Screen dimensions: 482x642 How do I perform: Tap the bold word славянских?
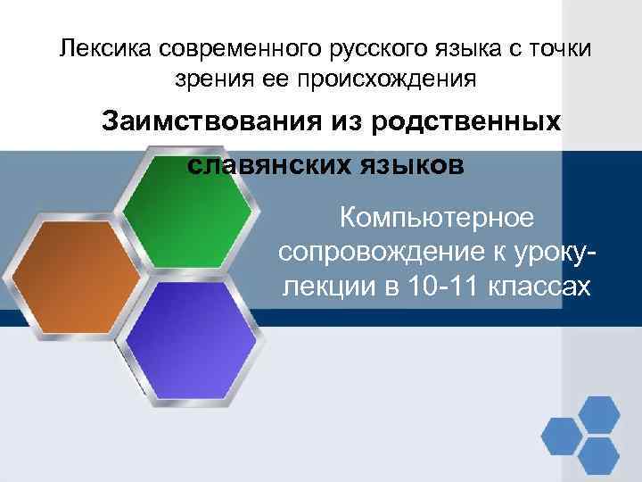click(x=267, y=165)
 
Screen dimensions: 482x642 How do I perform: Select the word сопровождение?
click(x=374, y=252)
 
